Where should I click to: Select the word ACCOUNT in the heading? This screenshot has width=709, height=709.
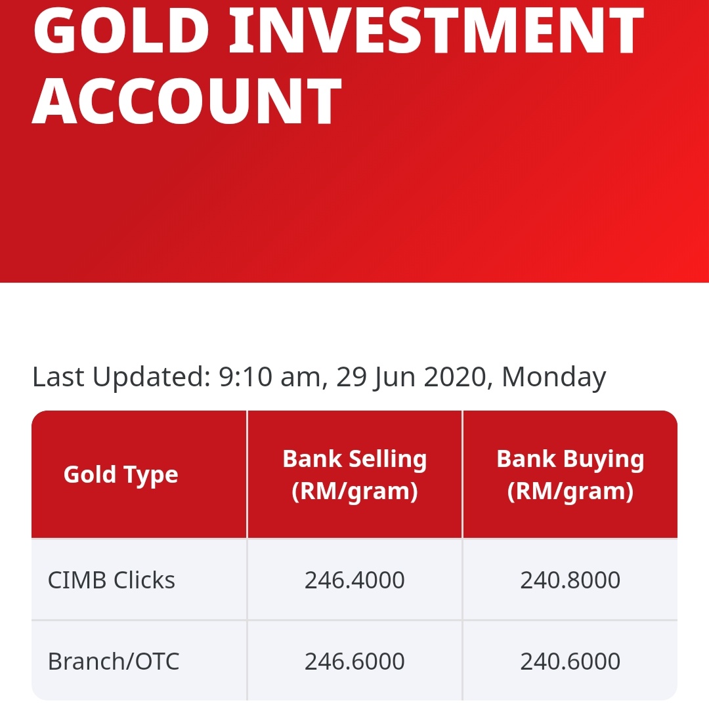tap(188, 102)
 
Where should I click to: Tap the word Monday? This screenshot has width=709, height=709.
tap(553, 377)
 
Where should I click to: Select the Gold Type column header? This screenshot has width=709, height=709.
tap(121, 474)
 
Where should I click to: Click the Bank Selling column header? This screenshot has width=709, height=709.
tap(354, 459)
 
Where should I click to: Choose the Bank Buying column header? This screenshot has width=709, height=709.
tap(570, 459)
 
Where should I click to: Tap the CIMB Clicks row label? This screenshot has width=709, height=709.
tap(112, 580)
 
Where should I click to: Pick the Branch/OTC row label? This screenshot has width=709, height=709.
tap(114, 661)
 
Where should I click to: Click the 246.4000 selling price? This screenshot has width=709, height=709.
tap(354, 580)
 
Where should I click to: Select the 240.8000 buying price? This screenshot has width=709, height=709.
tap(570, 580)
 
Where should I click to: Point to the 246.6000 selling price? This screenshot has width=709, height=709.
tap(354, 661)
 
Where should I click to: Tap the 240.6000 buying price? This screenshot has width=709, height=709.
tap(570, 661)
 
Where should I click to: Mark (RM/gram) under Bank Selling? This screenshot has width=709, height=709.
tap(354, 491)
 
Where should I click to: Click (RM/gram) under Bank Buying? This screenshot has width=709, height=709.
tap(570, 491)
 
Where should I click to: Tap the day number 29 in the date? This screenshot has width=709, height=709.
tap(351, 377)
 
